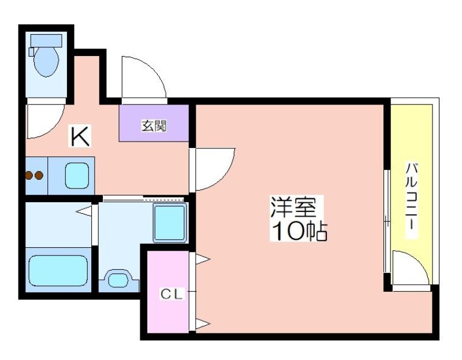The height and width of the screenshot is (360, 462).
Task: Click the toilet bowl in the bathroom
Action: (46, 61)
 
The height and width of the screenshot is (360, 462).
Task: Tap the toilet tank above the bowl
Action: (46, 40)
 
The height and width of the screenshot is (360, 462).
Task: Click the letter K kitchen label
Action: (80, 136)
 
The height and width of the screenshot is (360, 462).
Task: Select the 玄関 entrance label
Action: (154, 126)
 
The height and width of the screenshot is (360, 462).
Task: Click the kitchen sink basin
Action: (77, 176)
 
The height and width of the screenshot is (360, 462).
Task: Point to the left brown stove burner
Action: (29, 176)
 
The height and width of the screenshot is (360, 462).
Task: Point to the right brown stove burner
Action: (39, 176)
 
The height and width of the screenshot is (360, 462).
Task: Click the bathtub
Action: (58, 270)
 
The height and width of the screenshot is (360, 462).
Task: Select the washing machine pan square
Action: (170, 223)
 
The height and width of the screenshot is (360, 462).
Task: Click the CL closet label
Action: (172, 294)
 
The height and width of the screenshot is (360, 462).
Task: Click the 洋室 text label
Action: (293, 206)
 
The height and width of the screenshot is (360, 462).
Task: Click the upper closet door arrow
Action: (203, 259)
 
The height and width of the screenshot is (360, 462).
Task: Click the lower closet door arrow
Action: (203, 324)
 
